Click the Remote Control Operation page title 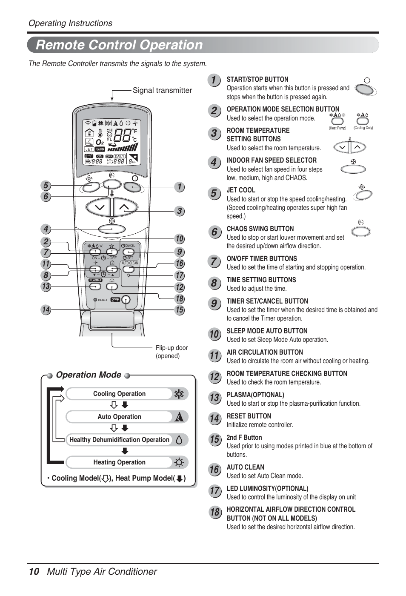pos(120,45)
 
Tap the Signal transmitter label pos(162,90)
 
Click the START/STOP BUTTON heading pos(257,80)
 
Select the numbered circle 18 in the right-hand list pos(214,512)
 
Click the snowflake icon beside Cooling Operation pos(179,394)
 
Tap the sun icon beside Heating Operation pos(179,462)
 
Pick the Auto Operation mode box pos(120,417)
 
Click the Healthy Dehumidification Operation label pos(119,440)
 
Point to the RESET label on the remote pos(103,300)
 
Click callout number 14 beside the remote pos(46,310)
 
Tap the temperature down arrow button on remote pos(100,207)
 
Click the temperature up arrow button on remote pos(124,207)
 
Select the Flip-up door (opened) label pos(172,352)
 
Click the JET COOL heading pos(241,190)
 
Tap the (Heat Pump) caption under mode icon pos(337,128)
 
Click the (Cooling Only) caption pos(363,128)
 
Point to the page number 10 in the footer pos(34,572)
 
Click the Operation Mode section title pos(89,375)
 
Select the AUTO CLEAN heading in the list pos(245,467)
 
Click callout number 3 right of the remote pos(179,211)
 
